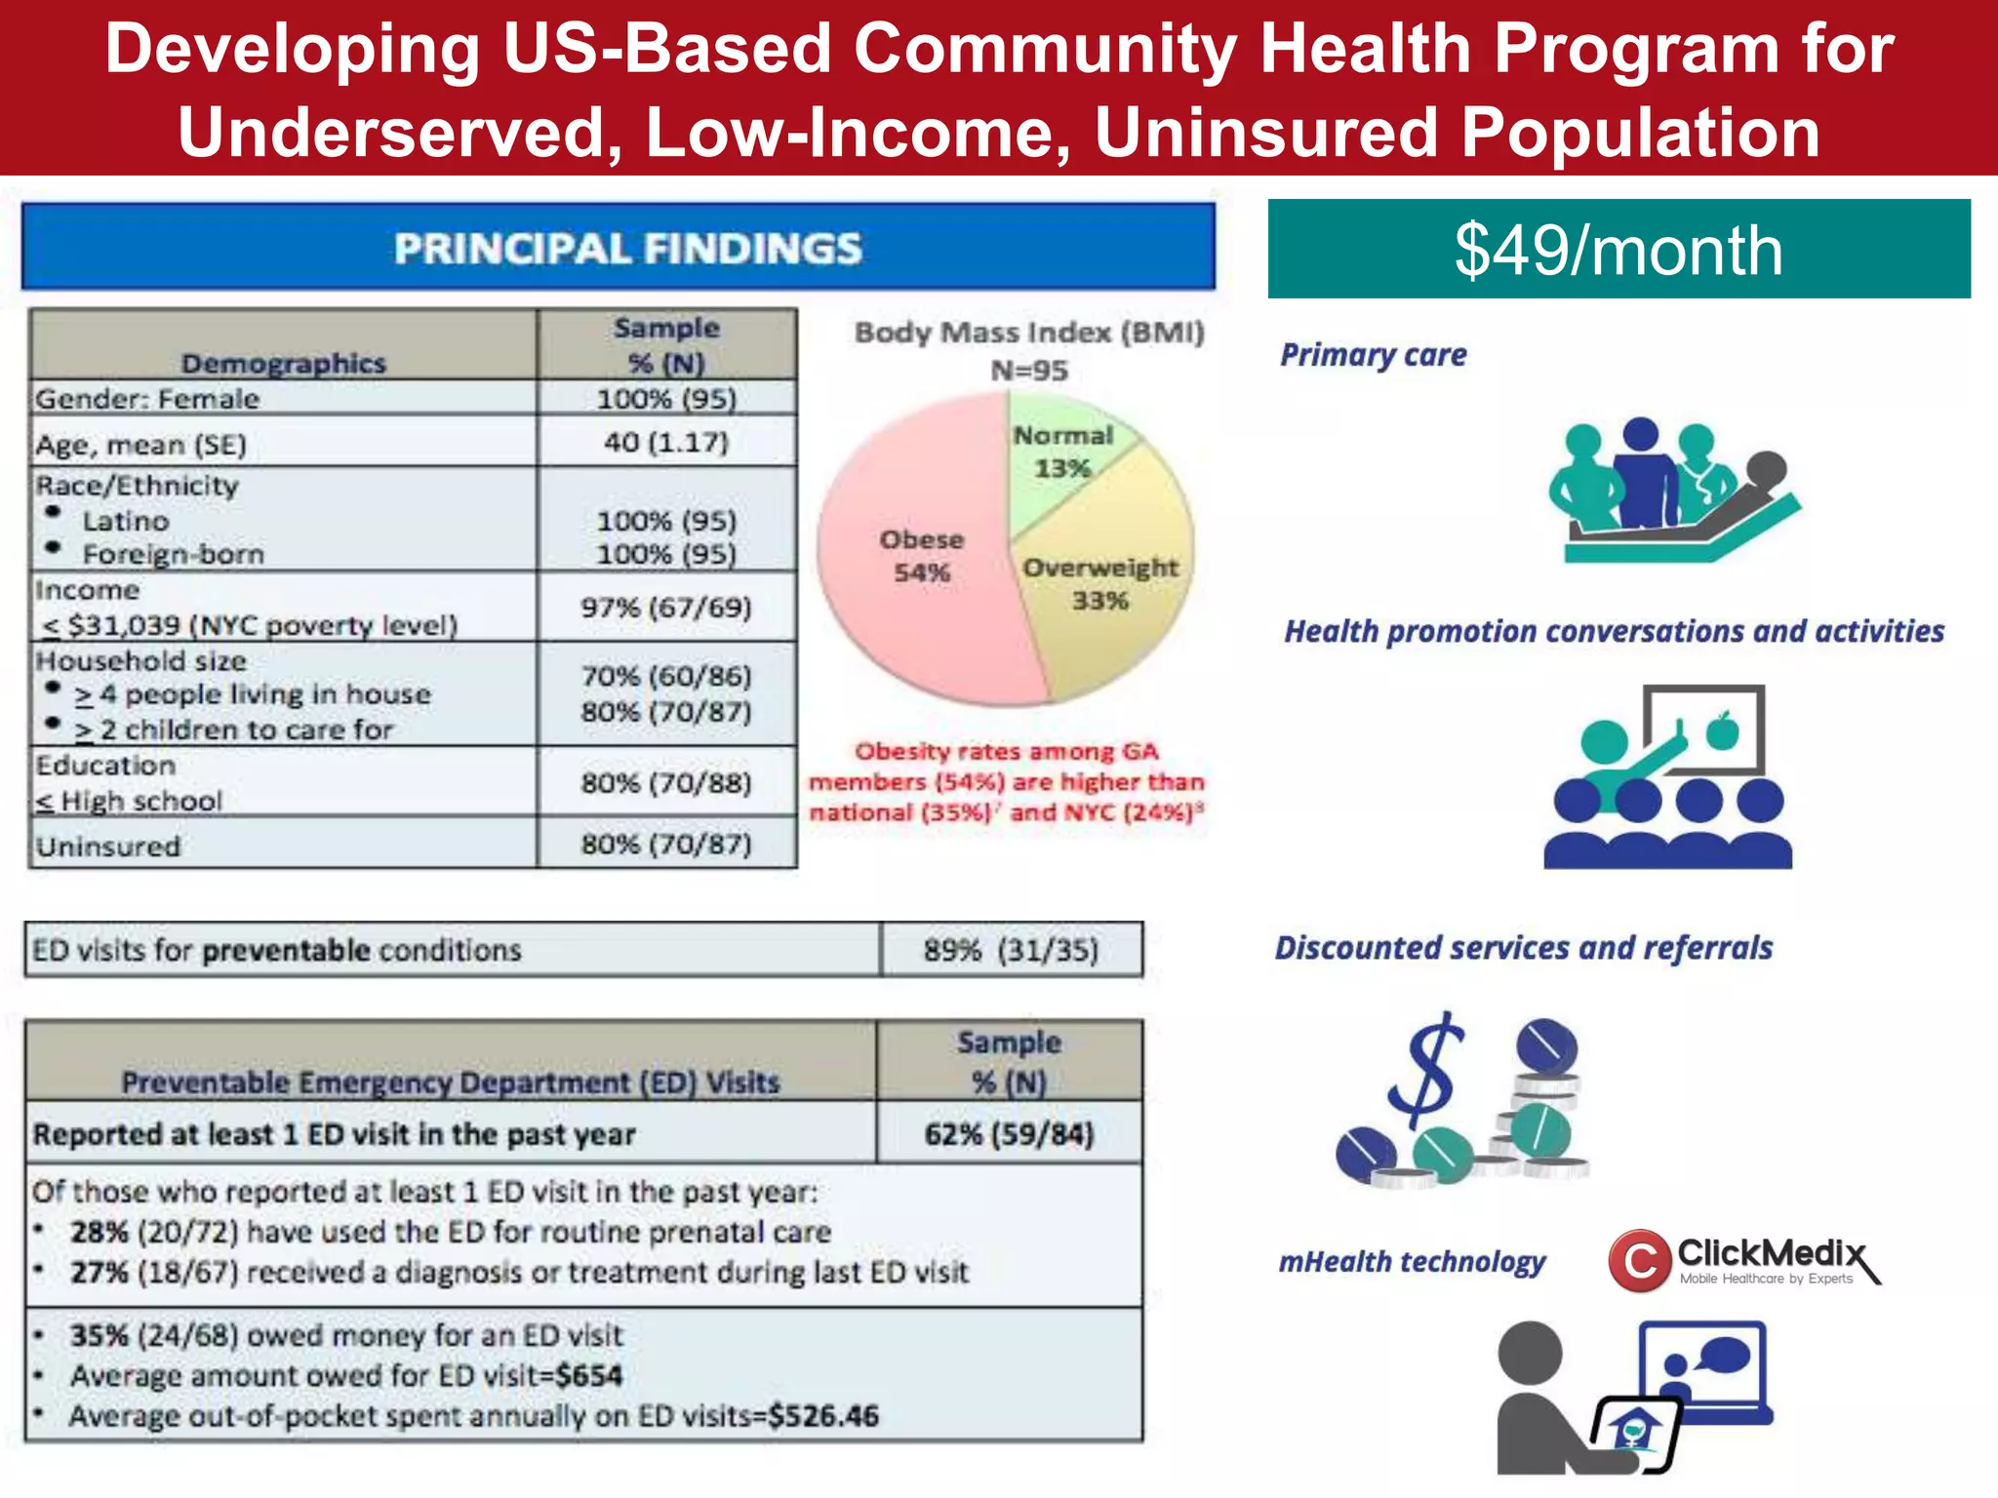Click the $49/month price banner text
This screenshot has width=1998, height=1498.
point(1618,251)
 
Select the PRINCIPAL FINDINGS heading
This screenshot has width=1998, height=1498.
point(627,249)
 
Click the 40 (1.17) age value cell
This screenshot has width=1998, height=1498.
point(666,443)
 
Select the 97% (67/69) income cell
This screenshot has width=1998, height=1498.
point(666,608)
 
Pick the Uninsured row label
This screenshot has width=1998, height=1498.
point(108,846)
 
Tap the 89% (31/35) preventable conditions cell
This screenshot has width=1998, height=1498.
point(1011,950)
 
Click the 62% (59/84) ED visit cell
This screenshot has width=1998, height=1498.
point(1009,1134)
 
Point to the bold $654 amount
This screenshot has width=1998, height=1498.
point(588,1375)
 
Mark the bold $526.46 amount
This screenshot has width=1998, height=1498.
point(823,1416)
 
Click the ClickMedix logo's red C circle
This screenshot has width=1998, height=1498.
point(1639,1260)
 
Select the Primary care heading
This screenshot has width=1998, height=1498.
point(1373,355)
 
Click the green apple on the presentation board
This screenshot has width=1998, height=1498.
point(1723,730)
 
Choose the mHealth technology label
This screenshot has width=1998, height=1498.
point(1412,1262)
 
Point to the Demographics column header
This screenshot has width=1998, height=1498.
point(284,364)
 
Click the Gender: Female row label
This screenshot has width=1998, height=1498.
point(147,399)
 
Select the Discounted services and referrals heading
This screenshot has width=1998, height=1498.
point(1523,948)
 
